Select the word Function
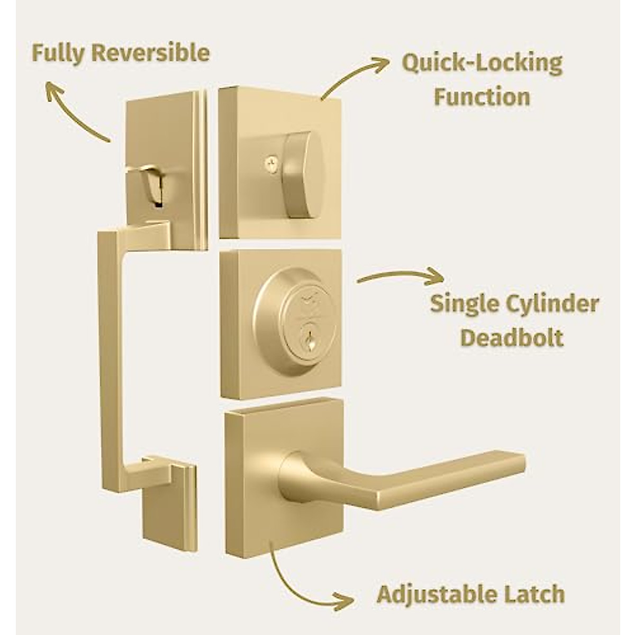pyautogui.click(x=482, y=97)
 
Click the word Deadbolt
pyautogui.click(x=512, y=338)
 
